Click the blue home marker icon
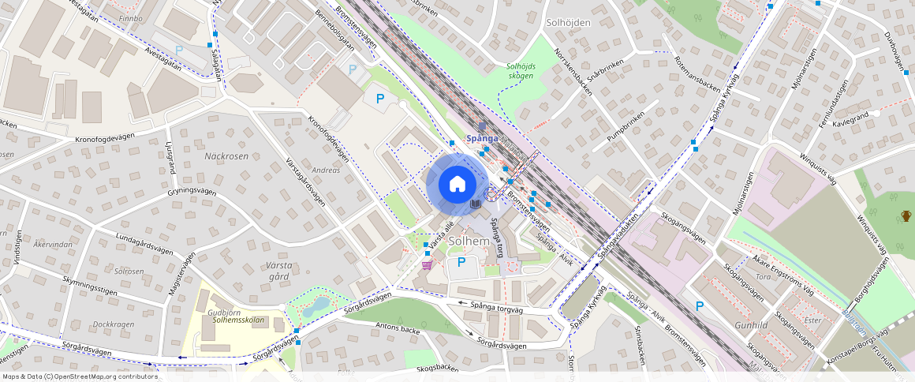(457, 185)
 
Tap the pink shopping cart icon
(427, 265)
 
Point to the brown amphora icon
(906, 215)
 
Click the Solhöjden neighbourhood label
(568, 23)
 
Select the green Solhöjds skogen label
(520, 71)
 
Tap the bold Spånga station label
(482, 137)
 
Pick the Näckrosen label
(226, 156)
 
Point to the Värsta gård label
(269, 271)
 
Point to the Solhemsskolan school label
(245, 320)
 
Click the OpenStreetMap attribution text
(80, 376)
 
